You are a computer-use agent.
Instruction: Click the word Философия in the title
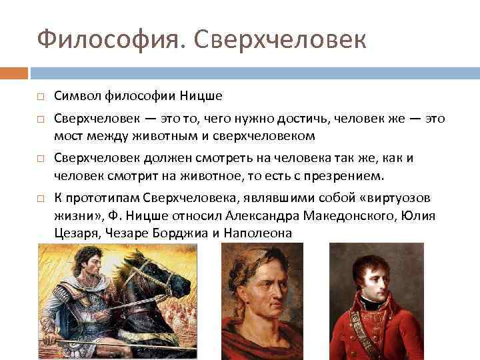91,39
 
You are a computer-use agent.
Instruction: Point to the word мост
68,136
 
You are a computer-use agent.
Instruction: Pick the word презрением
347,176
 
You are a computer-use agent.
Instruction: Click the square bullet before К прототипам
40,199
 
